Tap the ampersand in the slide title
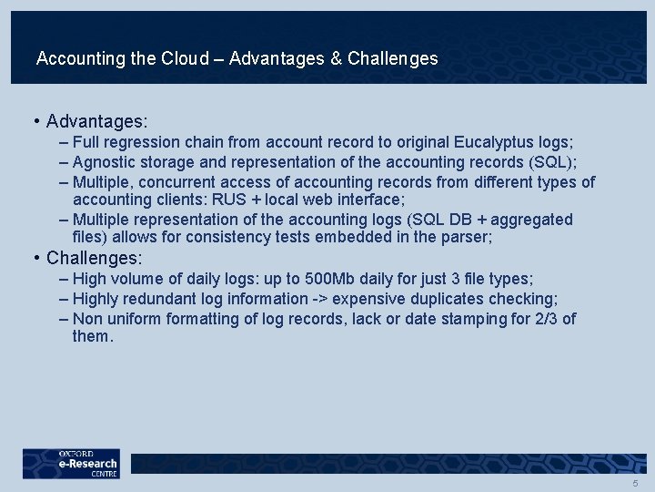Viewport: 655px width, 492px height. coord(337,59)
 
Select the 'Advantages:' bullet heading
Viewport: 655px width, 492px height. coord(97,121)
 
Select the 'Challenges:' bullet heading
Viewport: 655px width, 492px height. coord(95,259)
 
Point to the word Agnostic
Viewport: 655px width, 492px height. coord(104,163)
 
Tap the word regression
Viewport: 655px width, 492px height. coord(143,143)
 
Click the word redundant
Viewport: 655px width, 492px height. coord(164,299)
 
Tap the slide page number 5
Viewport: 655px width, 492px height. coord(635,484)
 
